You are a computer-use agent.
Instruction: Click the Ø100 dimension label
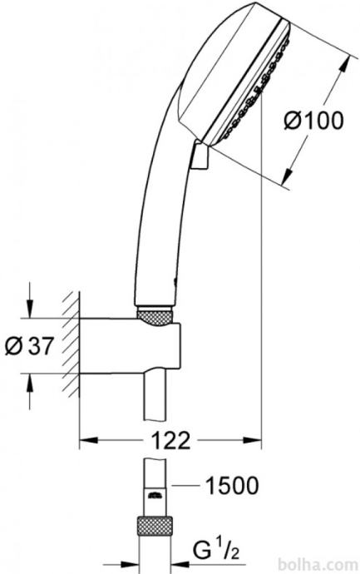314,121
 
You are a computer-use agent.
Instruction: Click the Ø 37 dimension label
30,345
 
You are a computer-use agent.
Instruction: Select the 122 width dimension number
170,440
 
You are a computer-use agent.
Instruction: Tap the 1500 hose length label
232,486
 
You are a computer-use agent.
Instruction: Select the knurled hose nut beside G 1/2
155,527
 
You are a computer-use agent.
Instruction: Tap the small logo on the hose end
155,495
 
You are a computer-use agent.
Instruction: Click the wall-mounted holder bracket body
130,346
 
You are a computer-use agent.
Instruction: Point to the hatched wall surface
71,344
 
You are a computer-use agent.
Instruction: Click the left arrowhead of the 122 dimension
88,440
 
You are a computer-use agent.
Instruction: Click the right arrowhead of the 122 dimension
253,440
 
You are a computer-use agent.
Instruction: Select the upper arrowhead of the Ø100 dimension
344,65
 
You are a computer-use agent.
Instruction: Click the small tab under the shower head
200,156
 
